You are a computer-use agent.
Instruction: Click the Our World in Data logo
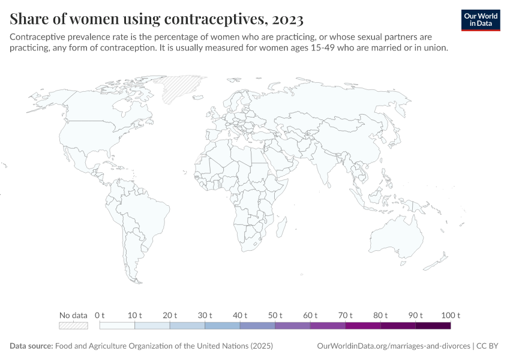(481, 20)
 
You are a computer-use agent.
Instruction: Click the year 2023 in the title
(287, 20)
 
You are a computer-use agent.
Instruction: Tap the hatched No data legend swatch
(73, 326)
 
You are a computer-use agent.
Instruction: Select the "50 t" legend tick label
(275, 315)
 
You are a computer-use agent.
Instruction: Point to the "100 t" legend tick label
(450, 315)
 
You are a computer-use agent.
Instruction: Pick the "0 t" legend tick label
(100, 315)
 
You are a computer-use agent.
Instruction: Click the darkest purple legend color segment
(433, 326)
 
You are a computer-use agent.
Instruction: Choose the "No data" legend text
(73, 315)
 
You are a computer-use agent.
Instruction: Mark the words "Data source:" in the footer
(31, 346)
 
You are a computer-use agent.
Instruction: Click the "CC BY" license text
(489, 346)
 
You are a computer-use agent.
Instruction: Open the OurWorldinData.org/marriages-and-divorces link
(393, 346)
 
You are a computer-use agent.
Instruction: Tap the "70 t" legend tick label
(345, 315)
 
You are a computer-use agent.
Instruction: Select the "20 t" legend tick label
(170, 315)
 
